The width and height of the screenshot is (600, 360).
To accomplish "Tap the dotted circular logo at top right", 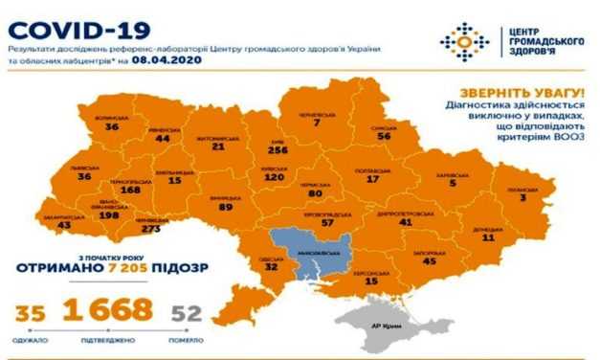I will point(463,41).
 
